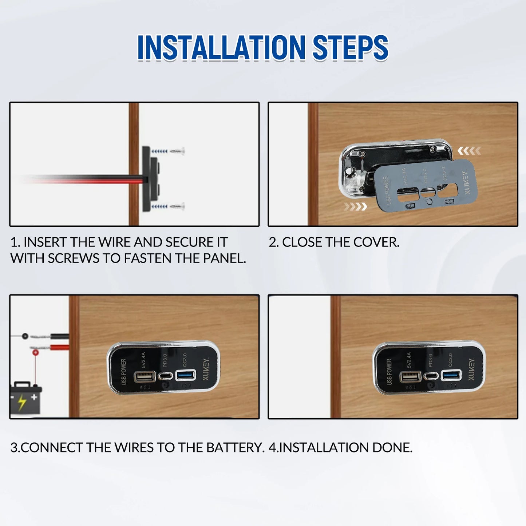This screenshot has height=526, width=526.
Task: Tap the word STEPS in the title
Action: pos(350,48)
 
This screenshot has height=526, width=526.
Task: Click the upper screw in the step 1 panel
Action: pos(177,151)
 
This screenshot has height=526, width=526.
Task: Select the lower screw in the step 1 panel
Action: pos(177,206)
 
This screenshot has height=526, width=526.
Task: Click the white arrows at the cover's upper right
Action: pos(469,150)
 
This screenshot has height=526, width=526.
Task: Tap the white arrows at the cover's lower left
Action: pos(355,207)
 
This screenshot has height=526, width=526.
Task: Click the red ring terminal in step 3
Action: pos(35,352)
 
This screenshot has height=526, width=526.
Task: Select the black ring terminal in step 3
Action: pos(25,336)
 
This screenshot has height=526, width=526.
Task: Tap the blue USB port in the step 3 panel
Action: pos(186,375)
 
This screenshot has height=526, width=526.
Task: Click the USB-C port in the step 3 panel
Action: pos(166,376)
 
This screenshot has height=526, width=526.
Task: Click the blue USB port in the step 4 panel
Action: pos(451,375)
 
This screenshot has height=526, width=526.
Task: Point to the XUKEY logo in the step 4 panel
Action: pos(471,369)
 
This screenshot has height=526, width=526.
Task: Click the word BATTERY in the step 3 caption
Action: pos(235,447)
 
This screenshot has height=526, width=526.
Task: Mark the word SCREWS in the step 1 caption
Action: pos(73,258)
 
